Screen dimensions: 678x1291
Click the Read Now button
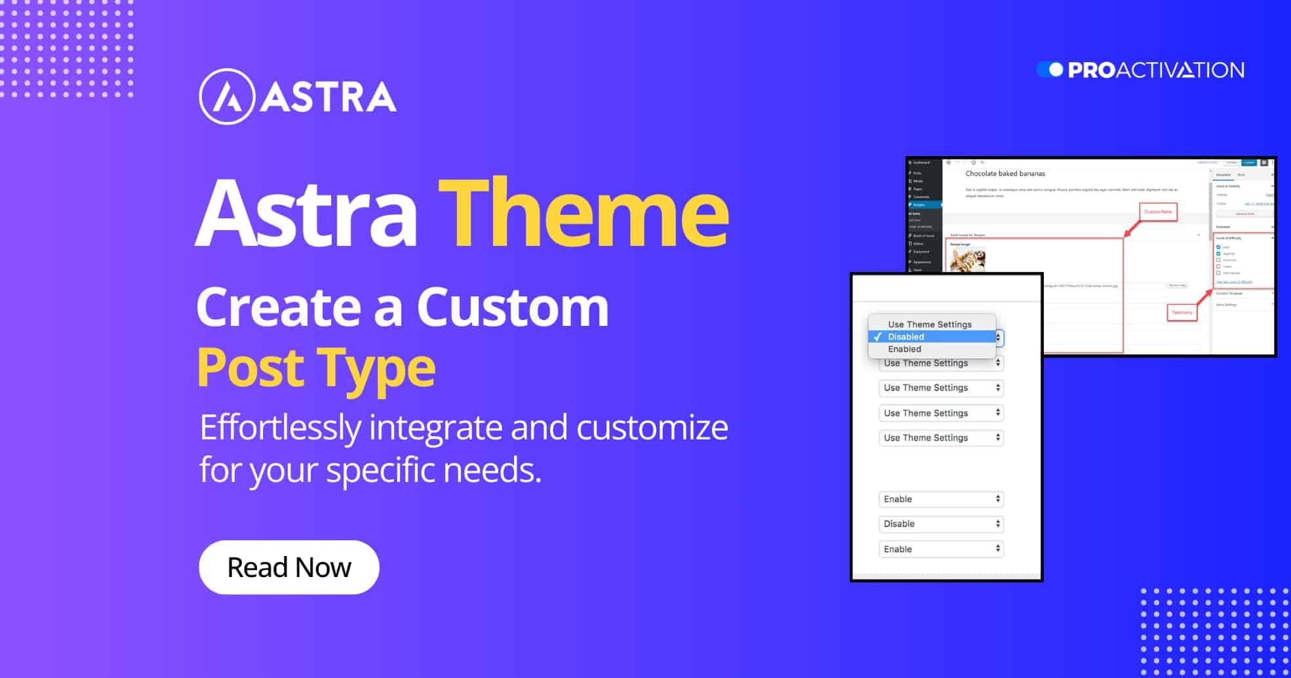tap(288, 567)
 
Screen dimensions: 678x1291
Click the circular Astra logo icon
tap(226, 97)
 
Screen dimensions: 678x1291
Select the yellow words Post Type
tap(316, 367)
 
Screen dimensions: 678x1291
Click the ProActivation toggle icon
tap(1050, 70)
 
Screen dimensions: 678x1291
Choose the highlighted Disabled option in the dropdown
tap(906, 336)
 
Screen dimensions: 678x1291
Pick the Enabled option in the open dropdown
tap(904, 349)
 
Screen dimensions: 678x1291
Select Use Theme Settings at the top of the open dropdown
tap(930, 324)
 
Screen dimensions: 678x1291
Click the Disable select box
tap(941, 524)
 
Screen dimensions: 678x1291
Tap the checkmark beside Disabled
tap(877, 336)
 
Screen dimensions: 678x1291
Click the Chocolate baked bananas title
tap(1005, 174)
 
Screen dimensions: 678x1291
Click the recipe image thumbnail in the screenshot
tap(968, 258)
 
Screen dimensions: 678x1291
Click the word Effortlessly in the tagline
tap(280, 428)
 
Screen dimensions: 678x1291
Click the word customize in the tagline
tap(652, 428)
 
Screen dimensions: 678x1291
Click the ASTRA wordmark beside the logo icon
tap(328, 97)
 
